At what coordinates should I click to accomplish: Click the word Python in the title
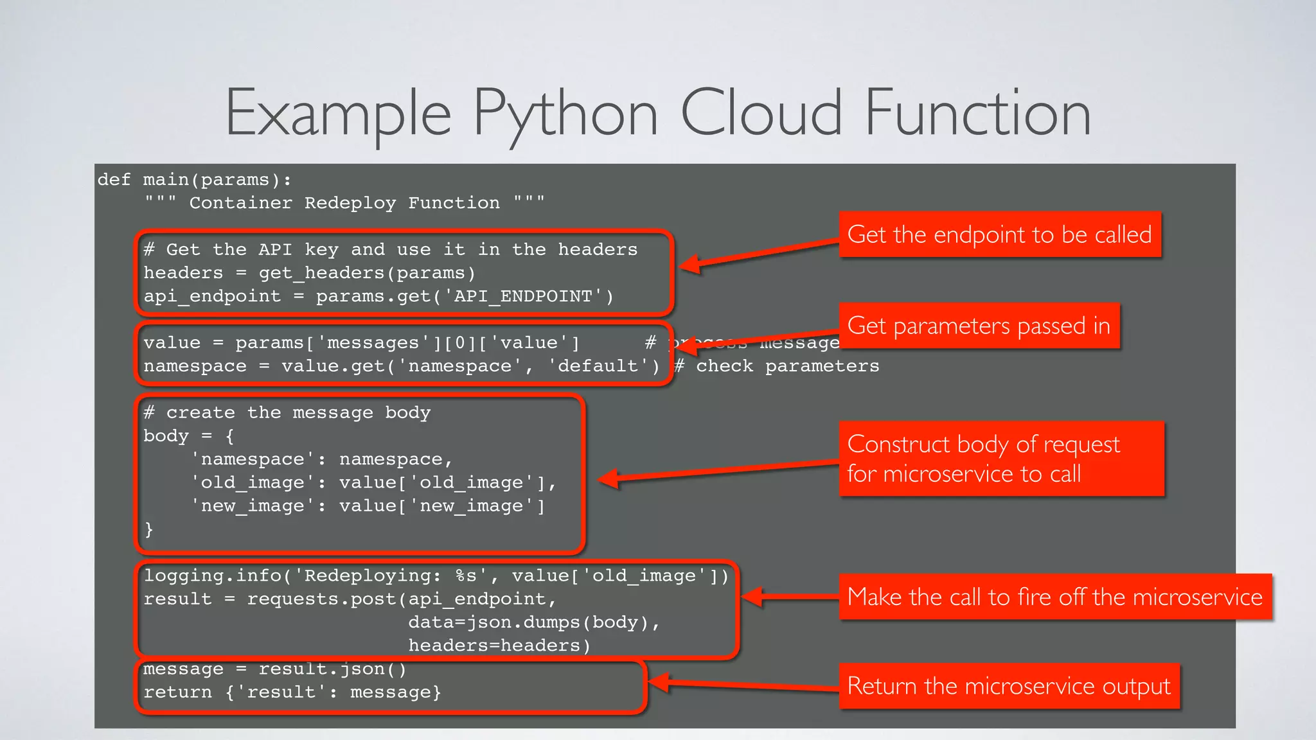[x=565, y=114]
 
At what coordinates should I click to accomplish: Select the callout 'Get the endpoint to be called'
[x=999, y=235]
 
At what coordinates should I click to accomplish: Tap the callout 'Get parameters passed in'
[x=979, y=326]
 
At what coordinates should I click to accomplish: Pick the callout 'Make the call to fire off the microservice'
[x=1054, y=597]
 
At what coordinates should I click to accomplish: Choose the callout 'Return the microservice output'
[x=1008, y=687]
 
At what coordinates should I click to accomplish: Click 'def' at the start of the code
[x=114, y=180]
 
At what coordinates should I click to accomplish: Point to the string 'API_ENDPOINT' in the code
[x=523, y=297]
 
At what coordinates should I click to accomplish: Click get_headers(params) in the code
[x=367, y=274]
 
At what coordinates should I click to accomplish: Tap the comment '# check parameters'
[x=776, y=366]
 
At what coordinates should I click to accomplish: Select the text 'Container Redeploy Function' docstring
[x=344, y=203]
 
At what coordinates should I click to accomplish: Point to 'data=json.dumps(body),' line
[x=533, y=622]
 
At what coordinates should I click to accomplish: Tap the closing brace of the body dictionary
[x=149, y=529]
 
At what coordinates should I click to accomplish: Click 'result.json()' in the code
[x=332, y=669]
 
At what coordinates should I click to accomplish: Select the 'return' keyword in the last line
[x=177, y=692]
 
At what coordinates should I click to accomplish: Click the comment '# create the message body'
[x=287, y=413]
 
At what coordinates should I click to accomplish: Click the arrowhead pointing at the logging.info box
[x=752, y=597]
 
